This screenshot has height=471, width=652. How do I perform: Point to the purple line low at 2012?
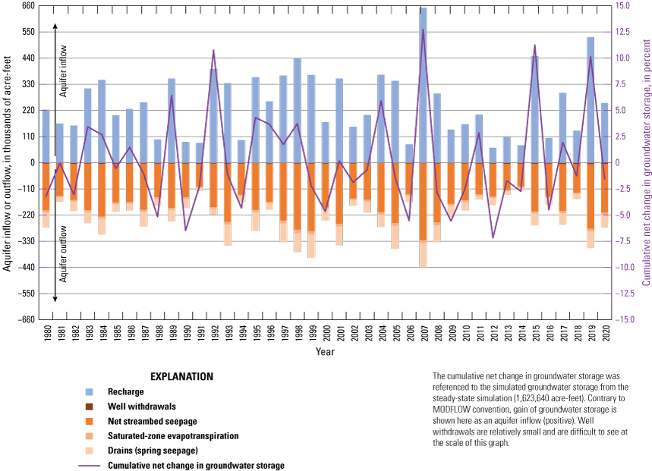tap(493, 237)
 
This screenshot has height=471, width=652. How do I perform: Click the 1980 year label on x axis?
tap(46, 332)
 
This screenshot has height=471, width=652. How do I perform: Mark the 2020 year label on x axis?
tap(604, 332)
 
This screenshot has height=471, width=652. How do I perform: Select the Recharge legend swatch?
tap(90, 392)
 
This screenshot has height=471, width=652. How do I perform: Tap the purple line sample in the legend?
tap(97, 465)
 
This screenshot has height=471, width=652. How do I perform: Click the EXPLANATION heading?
tap(181, 376)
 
